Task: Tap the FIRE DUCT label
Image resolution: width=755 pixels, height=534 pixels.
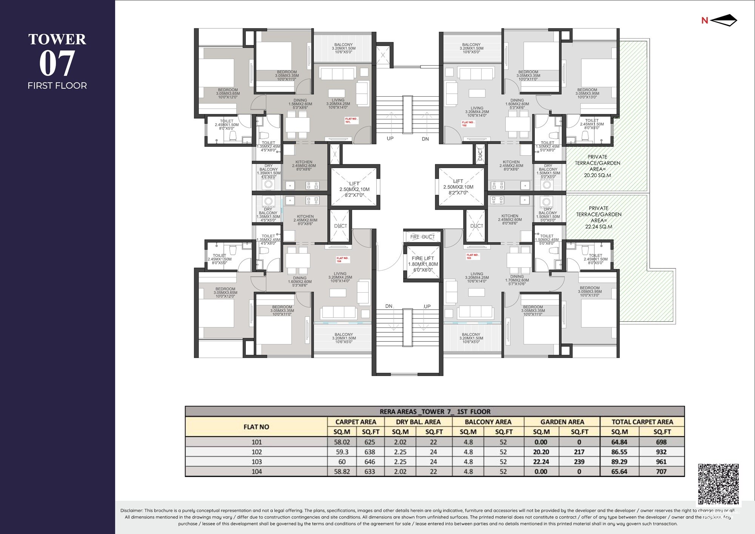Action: [422, 237]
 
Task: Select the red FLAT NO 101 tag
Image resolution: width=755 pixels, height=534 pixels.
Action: [351, 120]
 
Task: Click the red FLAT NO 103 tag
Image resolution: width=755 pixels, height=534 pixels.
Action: [472, 256]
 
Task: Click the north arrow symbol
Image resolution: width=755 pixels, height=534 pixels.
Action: [723, 20]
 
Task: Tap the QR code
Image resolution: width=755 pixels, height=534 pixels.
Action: [718, 484]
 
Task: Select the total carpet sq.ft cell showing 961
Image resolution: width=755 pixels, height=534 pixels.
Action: [661, 462]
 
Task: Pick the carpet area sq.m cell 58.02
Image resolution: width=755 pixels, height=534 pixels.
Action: [342, 442]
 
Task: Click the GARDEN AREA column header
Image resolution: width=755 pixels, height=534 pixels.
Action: [562, 422]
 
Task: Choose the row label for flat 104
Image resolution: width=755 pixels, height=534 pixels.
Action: [256, 472]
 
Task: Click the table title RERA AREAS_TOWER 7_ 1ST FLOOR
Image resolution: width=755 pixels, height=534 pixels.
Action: [435, 412]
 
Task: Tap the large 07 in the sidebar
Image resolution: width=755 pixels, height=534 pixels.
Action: [57, 63]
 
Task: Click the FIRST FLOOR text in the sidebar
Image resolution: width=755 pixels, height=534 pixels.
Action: [57, 86]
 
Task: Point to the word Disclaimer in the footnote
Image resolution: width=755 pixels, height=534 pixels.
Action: [131, 511]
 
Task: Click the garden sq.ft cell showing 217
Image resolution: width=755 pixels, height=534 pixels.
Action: [579, 452]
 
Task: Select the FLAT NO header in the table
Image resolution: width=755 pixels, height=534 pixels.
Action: [256, 427]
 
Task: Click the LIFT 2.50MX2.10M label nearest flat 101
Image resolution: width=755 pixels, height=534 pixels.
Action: [354, 189]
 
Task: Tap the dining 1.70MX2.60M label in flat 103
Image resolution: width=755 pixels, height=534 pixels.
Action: [517, 280]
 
